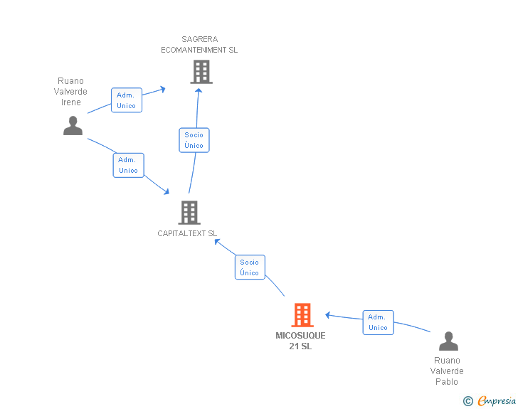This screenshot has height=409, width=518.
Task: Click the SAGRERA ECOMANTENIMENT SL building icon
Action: pos(201,72)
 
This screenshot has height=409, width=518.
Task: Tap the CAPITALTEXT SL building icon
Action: pos(189,213)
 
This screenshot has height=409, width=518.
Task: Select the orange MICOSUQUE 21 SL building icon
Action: pos(302,315)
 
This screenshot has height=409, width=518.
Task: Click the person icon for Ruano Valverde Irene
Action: pos(73,125)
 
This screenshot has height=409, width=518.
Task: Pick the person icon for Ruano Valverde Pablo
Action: pos(448,341)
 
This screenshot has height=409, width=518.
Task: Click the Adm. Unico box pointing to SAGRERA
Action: pos(127,100)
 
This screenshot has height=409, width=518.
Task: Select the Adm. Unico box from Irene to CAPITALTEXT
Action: pos(129,165)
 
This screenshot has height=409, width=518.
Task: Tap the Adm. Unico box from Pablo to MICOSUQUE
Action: pos(379,322)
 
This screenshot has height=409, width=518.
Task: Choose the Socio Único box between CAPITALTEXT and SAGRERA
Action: pos(194,140)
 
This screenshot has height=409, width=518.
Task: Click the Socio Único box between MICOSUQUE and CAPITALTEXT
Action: pos(250,267)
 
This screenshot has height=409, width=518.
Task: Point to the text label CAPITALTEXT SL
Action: pos(187,233)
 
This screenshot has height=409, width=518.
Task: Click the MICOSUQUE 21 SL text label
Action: pos(300,341)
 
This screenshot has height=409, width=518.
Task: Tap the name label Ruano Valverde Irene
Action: pos(70,92)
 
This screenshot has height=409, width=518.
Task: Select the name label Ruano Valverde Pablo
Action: pos(447,371)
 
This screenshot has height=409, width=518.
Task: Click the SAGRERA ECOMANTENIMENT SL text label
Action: pos(199,45)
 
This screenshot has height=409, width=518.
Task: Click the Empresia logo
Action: pos(497,400)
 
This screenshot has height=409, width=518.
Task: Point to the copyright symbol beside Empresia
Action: pos(467,401)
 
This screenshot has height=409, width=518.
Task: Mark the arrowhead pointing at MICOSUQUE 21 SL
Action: pos(327,315)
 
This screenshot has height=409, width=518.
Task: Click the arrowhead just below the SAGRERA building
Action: pos(199,90)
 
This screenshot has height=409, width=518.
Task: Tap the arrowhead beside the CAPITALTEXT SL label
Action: pos(217,242)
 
